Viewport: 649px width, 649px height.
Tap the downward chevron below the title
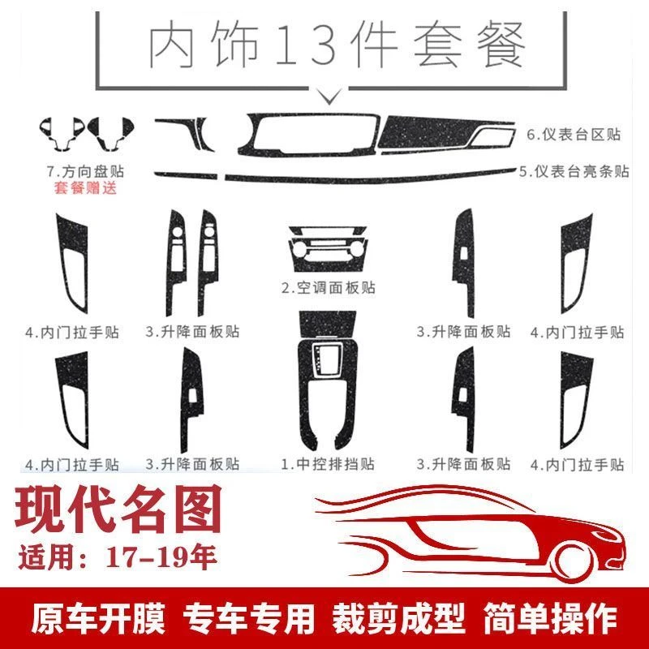coord(330,97)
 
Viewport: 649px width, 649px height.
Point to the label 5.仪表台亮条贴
coord(574,171)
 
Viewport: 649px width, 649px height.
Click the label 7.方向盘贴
coord(91,173)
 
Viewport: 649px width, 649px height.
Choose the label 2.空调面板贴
coord(329,287)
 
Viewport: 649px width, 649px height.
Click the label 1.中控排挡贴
coord(329,465)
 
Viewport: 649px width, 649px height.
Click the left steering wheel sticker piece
coord(58,132)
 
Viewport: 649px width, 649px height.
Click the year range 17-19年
coord(159,559)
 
